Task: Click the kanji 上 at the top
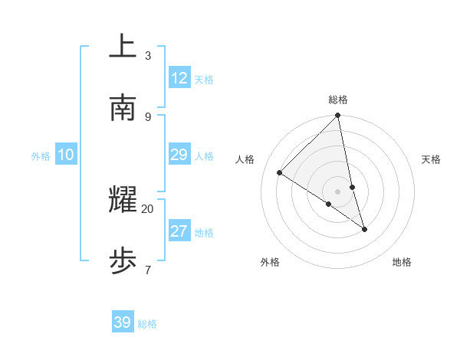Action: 123,46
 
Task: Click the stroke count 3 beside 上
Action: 148,56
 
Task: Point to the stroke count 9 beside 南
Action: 148,116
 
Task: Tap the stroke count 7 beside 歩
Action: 148,270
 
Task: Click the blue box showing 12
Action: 179,78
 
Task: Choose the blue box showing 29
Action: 179,155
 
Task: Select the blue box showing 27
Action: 179,231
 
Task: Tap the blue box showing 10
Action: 66,155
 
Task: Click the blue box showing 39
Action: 123,322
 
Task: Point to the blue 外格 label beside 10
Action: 41,156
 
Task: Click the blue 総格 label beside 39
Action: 147,324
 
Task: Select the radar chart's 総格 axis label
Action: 338,100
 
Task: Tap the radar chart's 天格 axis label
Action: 431,159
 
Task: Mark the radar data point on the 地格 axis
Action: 364,229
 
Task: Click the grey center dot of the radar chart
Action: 338,191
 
